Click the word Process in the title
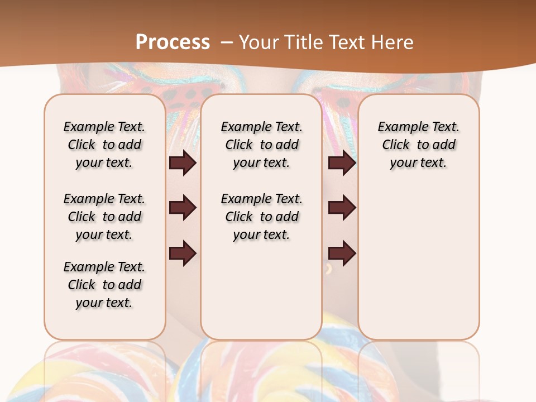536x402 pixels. (x=173, y=42)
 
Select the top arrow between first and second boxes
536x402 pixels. (x=183, y=163)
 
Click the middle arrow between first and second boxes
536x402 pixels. (x=183, y=208)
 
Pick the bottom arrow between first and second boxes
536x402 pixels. (x=183, y=253)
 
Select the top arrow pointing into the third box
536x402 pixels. (x=342, y=163)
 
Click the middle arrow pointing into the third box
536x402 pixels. (x=342, y=208)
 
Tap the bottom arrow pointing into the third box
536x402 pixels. (x=342, y=253)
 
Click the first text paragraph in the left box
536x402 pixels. (x=104, y=145)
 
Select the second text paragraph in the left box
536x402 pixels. (x=104, y=217)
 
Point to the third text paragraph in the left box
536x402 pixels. (x=104, y=285)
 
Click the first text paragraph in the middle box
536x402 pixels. (x=261, y=145)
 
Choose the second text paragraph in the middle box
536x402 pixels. (x=261, y=217)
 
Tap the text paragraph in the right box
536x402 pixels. (x=418, y=145)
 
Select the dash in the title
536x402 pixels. (x=227, y=42)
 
